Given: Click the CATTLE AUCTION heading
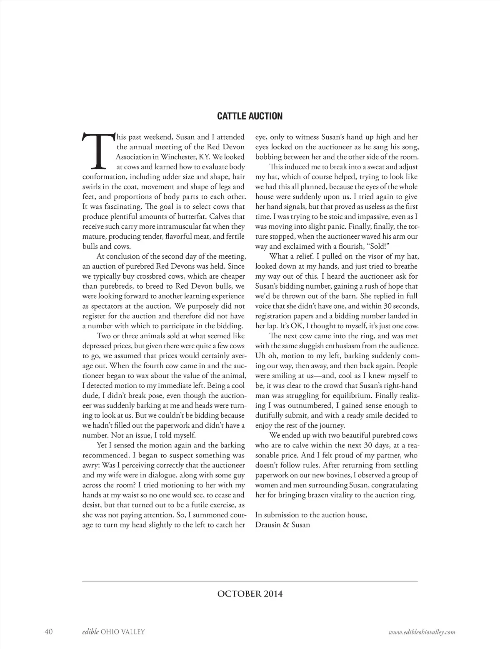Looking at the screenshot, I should (x=250, y=116).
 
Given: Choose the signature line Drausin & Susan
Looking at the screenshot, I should (x=282, y=525).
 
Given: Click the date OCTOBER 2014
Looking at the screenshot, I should (x=250, y=594).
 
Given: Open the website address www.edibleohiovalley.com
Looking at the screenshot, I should (x=421, y=632).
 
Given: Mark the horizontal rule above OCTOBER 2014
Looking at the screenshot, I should (x=250, y=581).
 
